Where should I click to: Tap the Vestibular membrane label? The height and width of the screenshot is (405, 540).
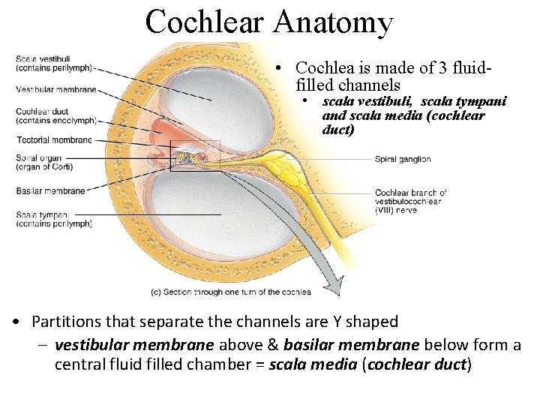point(56,90)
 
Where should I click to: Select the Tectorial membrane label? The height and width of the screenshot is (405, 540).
point(54,140)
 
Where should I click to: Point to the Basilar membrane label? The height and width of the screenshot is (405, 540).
point(50,190)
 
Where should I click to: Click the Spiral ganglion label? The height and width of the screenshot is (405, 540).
point(403,159)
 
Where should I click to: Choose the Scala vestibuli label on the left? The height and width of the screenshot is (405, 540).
point(53,63)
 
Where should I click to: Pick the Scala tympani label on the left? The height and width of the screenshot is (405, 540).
point(53,219)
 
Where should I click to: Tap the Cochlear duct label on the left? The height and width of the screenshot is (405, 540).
point(56,115)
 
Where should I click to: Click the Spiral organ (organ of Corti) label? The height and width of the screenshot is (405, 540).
point(46,162)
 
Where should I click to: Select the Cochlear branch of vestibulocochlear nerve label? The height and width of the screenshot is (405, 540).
point(411,201)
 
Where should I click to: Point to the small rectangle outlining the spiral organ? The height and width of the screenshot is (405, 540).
point(195,156)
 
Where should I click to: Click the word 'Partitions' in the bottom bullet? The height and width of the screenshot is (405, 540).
point(64,322)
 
